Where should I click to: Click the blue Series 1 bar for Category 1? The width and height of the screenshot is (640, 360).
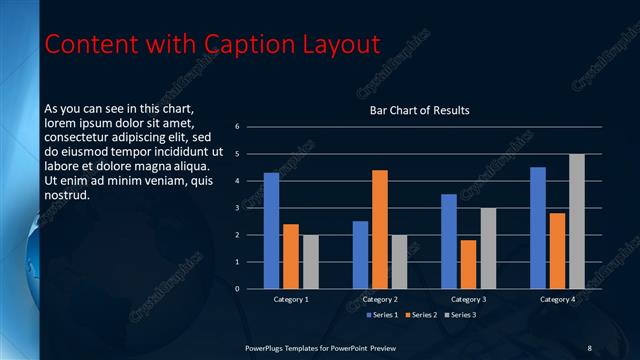click(271, 230)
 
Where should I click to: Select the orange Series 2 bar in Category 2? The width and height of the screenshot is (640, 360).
click(380, 229)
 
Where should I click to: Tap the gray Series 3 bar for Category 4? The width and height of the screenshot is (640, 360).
click(577, 221)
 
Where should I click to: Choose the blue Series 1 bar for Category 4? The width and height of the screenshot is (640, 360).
click(538, 227)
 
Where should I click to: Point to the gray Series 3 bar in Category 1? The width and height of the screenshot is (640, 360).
click(311, 261)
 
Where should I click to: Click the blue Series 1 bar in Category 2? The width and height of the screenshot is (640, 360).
click(360, 255)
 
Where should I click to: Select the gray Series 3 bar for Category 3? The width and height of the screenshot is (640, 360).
click(488, 248)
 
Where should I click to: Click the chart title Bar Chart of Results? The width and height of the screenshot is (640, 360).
click(419, 110)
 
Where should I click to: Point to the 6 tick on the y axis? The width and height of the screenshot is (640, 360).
click(237, 127)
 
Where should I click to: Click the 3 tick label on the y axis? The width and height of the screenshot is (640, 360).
click(237, 208)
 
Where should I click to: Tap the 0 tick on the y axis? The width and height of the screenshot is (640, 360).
click(237, 289)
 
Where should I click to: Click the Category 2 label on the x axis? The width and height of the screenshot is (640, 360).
click(380, 299)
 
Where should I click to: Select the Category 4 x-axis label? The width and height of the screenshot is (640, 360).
click(558, 299)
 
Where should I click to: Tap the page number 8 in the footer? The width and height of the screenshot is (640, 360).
click(589, 347)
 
